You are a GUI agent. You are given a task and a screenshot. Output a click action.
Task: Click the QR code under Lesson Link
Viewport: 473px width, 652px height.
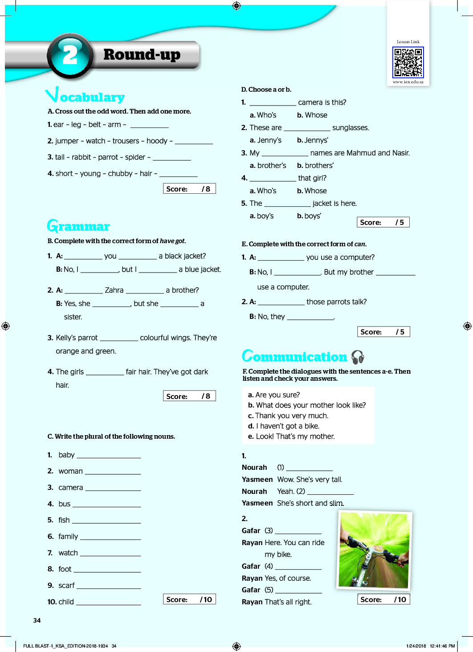[x=408, y=62]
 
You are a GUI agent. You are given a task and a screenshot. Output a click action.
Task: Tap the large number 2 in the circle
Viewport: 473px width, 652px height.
[x=70, y=55]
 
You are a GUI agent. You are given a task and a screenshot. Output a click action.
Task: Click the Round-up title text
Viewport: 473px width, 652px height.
[x=142, y=54]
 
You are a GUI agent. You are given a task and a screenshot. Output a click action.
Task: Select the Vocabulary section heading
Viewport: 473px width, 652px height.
[x=86, y=96]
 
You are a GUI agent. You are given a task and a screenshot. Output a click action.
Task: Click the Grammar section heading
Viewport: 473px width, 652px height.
[x=79, y=226]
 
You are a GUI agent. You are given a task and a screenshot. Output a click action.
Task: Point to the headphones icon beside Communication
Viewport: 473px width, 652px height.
[x=358, y=357]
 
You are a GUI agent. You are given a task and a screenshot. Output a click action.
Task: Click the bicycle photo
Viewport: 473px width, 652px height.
[x=374, y=550]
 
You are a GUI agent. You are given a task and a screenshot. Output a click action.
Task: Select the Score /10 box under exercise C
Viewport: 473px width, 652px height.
[x=189, y=599]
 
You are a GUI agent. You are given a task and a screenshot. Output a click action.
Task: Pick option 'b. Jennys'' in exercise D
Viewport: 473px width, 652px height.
[x=313, y=140]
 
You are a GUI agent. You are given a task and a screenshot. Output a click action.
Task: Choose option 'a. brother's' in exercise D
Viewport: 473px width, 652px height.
[x=268, y=166]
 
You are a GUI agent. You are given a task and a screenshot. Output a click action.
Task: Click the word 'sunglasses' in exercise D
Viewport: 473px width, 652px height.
[x=351, y=128]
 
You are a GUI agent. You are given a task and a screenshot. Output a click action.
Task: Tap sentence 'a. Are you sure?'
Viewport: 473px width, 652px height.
[x=274, y=395]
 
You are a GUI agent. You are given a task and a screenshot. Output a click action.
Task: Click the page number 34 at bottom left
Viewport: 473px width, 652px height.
[x=37, y=620]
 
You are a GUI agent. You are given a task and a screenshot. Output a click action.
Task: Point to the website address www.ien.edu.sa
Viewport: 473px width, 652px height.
[x=408, y=82]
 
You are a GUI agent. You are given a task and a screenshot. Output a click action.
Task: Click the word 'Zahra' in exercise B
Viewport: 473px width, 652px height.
[x=114, y=290]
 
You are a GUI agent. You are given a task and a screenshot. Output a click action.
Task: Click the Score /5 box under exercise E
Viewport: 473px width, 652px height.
[x=383, y=332]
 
